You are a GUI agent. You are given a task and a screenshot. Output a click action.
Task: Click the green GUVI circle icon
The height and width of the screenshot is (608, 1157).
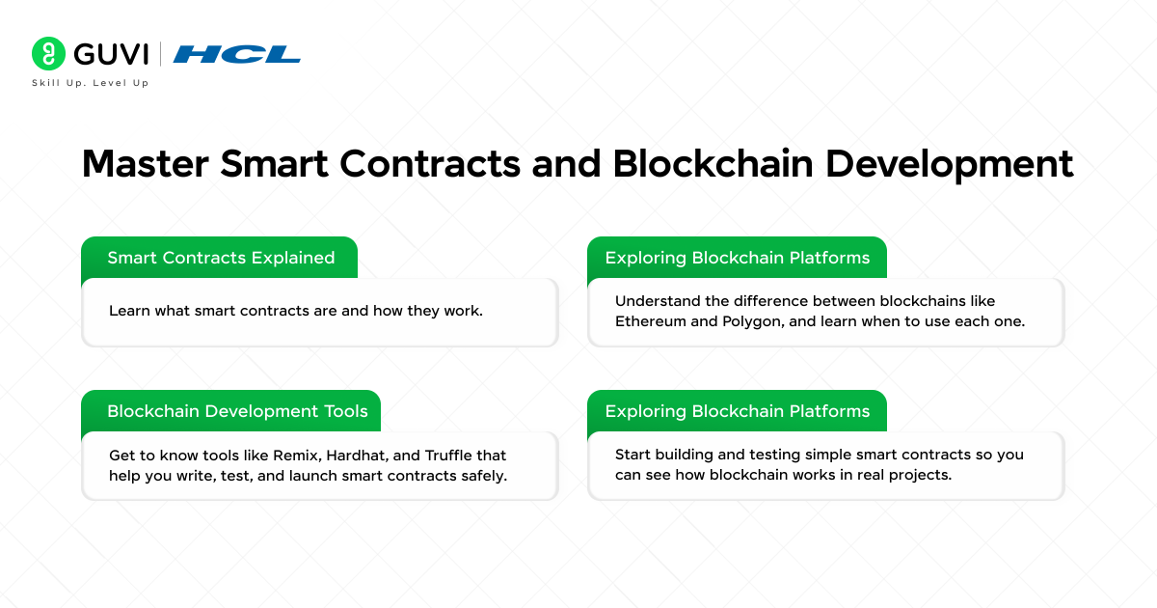[x=47, y=53]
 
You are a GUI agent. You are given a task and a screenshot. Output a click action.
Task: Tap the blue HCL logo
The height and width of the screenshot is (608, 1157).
[x=237, y=54]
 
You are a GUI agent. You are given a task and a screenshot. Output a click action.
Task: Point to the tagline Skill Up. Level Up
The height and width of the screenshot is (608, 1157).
[x=91, y=83]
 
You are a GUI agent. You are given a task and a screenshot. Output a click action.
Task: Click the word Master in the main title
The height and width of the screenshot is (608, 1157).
[x=144, y=164]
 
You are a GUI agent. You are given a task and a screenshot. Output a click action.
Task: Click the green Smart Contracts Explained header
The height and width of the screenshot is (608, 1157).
[x=221, y=258]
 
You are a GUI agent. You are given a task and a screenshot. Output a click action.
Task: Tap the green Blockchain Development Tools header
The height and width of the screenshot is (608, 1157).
[x=237, y=411]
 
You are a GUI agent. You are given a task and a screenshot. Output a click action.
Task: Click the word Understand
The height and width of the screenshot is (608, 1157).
[x=659, y=301]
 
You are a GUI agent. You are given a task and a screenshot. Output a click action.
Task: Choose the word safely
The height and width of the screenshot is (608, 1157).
[x=481, y=475]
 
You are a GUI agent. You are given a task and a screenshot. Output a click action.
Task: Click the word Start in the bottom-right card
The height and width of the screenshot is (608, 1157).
[x=632, y=455]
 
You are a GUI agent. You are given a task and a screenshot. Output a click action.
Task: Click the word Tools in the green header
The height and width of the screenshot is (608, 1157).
[x=345, y=411]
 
